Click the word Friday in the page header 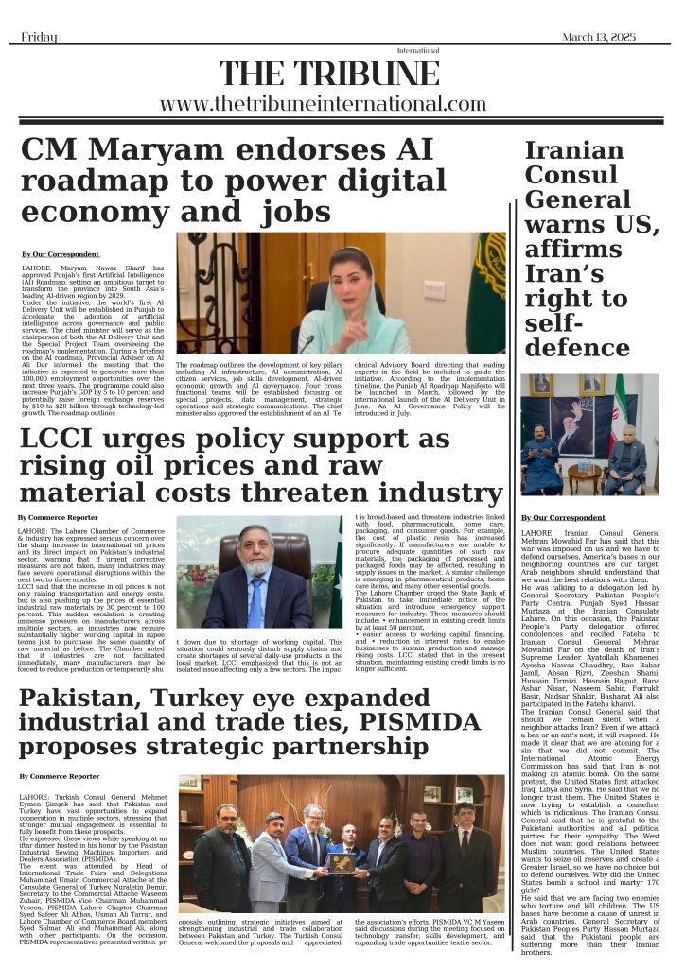point(39,37)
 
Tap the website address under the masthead point(323,104)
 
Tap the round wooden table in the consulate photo point(584,475)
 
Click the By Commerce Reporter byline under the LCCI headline point(58,518)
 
